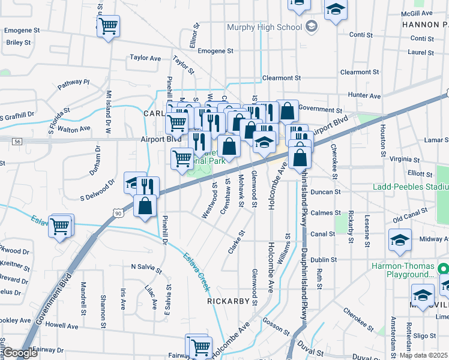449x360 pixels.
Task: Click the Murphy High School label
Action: tap(265, 28)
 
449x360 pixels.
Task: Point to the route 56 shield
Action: tap(17, 141)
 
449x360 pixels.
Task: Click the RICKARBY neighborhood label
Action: tap(228, 301)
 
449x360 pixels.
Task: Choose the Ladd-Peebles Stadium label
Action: tap(411, 186)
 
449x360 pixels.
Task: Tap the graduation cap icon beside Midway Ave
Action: tap(400, 240)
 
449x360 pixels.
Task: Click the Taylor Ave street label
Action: tap(146, 58)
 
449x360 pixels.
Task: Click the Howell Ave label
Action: tap(62, 326)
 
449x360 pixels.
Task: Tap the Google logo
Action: tap(20, 353)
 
